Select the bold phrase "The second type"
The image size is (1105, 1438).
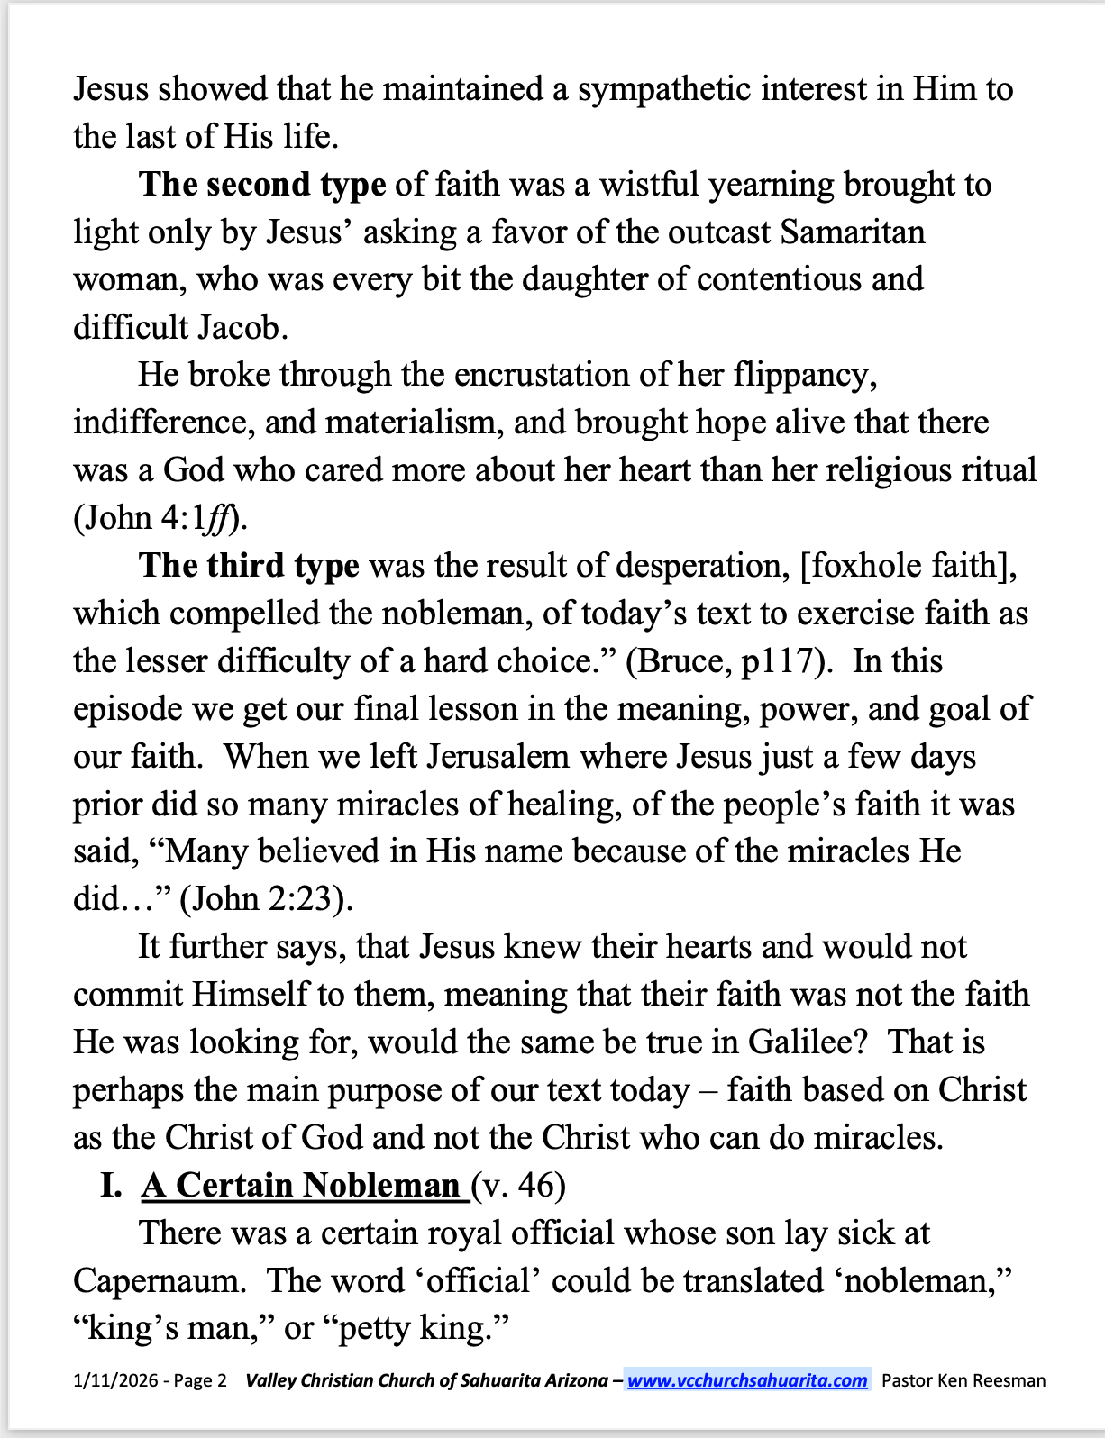(262, 185)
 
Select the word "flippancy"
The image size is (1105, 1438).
(802, 375)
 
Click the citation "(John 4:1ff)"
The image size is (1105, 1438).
(161, 518)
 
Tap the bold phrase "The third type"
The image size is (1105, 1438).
(249, 566)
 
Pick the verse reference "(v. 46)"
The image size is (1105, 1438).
(518, 1186)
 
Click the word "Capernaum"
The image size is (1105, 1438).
(159, 1281)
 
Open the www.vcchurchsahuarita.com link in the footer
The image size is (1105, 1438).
(747, 1380)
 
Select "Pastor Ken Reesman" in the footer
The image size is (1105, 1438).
(963, 1380)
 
